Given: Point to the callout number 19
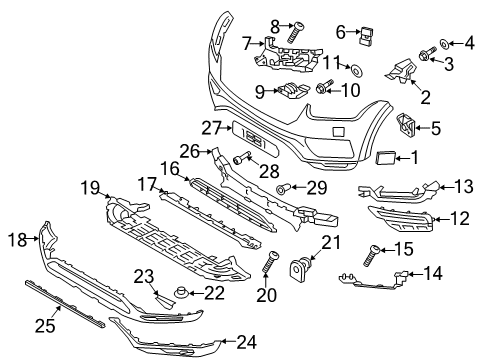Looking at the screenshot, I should pyautogui.click(x=90, y=186).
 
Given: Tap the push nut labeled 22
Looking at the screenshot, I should pyautogui.click(x=181, y=292).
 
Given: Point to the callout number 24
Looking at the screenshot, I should pyautogui.click(x=246, y=342).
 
